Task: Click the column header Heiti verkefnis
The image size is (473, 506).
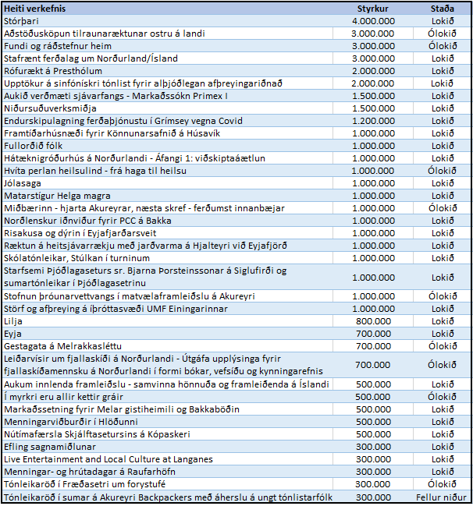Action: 34,9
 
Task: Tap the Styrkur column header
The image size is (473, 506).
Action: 372,9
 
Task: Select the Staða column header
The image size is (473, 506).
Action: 442,9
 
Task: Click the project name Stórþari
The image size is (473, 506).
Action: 21,21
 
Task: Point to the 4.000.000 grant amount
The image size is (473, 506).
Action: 373,21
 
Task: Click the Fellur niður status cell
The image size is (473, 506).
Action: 441,497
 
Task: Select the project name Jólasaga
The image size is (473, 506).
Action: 23,183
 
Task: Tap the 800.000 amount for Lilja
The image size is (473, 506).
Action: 373,321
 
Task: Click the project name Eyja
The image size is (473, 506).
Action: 12,334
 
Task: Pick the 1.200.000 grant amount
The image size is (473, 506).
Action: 373,121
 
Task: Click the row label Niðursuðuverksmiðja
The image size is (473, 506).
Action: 50,108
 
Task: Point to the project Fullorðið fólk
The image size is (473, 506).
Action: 33,146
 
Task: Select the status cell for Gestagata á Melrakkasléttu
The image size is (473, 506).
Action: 443,346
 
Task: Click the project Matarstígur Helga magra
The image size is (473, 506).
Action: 57,196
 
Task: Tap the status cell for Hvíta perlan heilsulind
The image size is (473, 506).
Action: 442,171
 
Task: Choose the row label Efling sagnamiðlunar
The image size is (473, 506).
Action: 50,447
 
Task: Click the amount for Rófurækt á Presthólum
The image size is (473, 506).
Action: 373,71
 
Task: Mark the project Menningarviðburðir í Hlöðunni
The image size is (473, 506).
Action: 71,422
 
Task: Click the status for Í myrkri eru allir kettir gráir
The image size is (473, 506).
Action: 442,397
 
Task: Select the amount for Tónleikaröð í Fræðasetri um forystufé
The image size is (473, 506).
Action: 372,484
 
